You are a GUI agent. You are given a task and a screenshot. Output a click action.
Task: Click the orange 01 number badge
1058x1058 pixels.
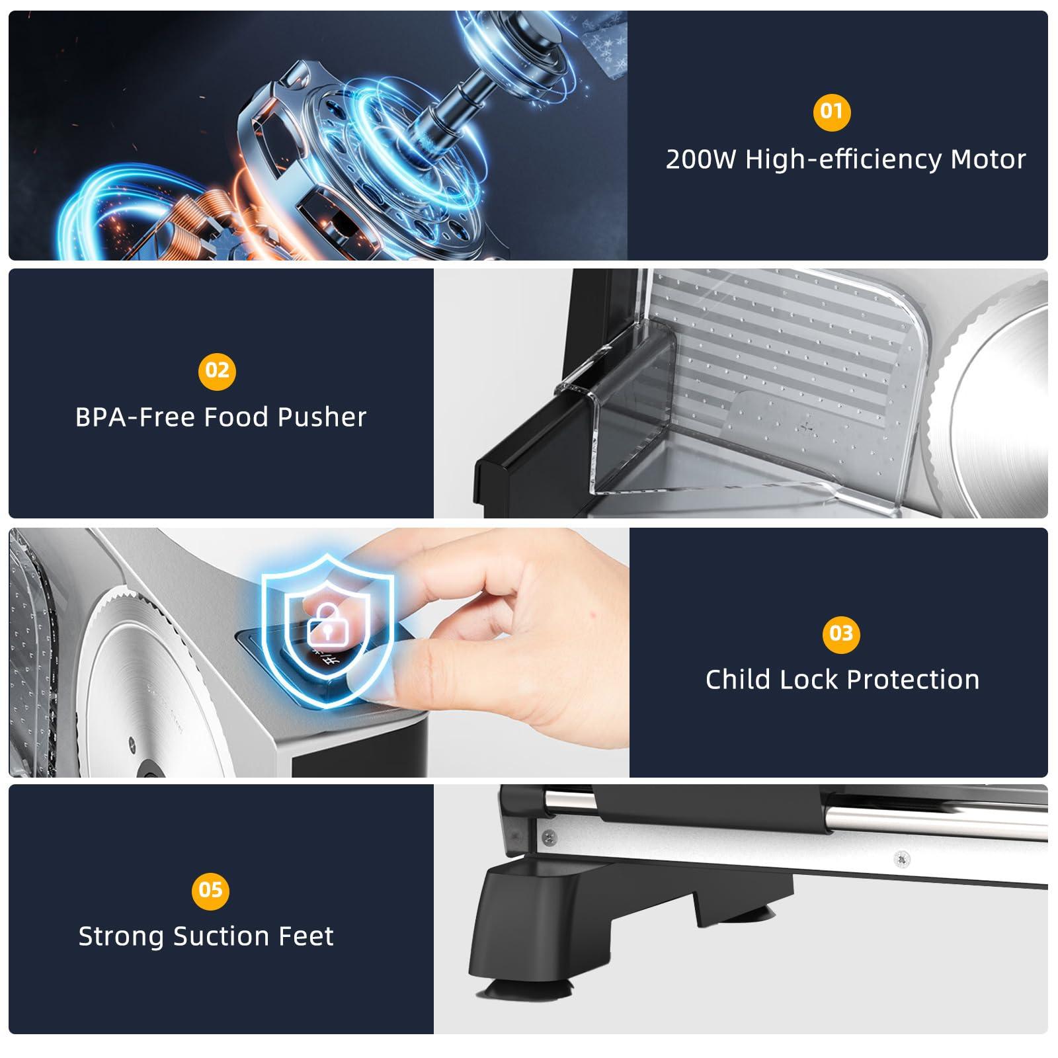(831, 111)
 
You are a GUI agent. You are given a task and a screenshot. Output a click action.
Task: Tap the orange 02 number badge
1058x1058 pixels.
(217, 370)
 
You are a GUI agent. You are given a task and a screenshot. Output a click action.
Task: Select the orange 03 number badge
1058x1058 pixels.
(841, 633)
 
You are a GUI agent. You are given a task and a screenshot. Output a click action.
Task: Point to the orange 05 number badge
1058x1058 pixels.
(210, 890)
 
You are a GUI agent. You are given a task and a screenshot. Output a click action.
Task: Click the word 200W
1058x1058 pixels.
(701, 159)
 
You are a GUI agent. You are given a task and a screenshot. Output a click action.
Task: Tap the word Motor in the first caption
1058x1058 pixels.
(988, 159)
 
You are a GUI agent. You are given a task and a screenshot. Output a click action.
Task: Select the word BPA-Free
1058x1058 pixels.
(136, 417)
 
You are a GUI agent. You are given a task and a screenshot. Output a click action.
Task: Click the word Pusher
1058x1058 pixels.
(322, 417)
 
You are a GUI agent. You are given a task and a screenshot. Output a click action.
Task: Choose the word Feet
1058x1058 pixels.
(305, 936)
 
